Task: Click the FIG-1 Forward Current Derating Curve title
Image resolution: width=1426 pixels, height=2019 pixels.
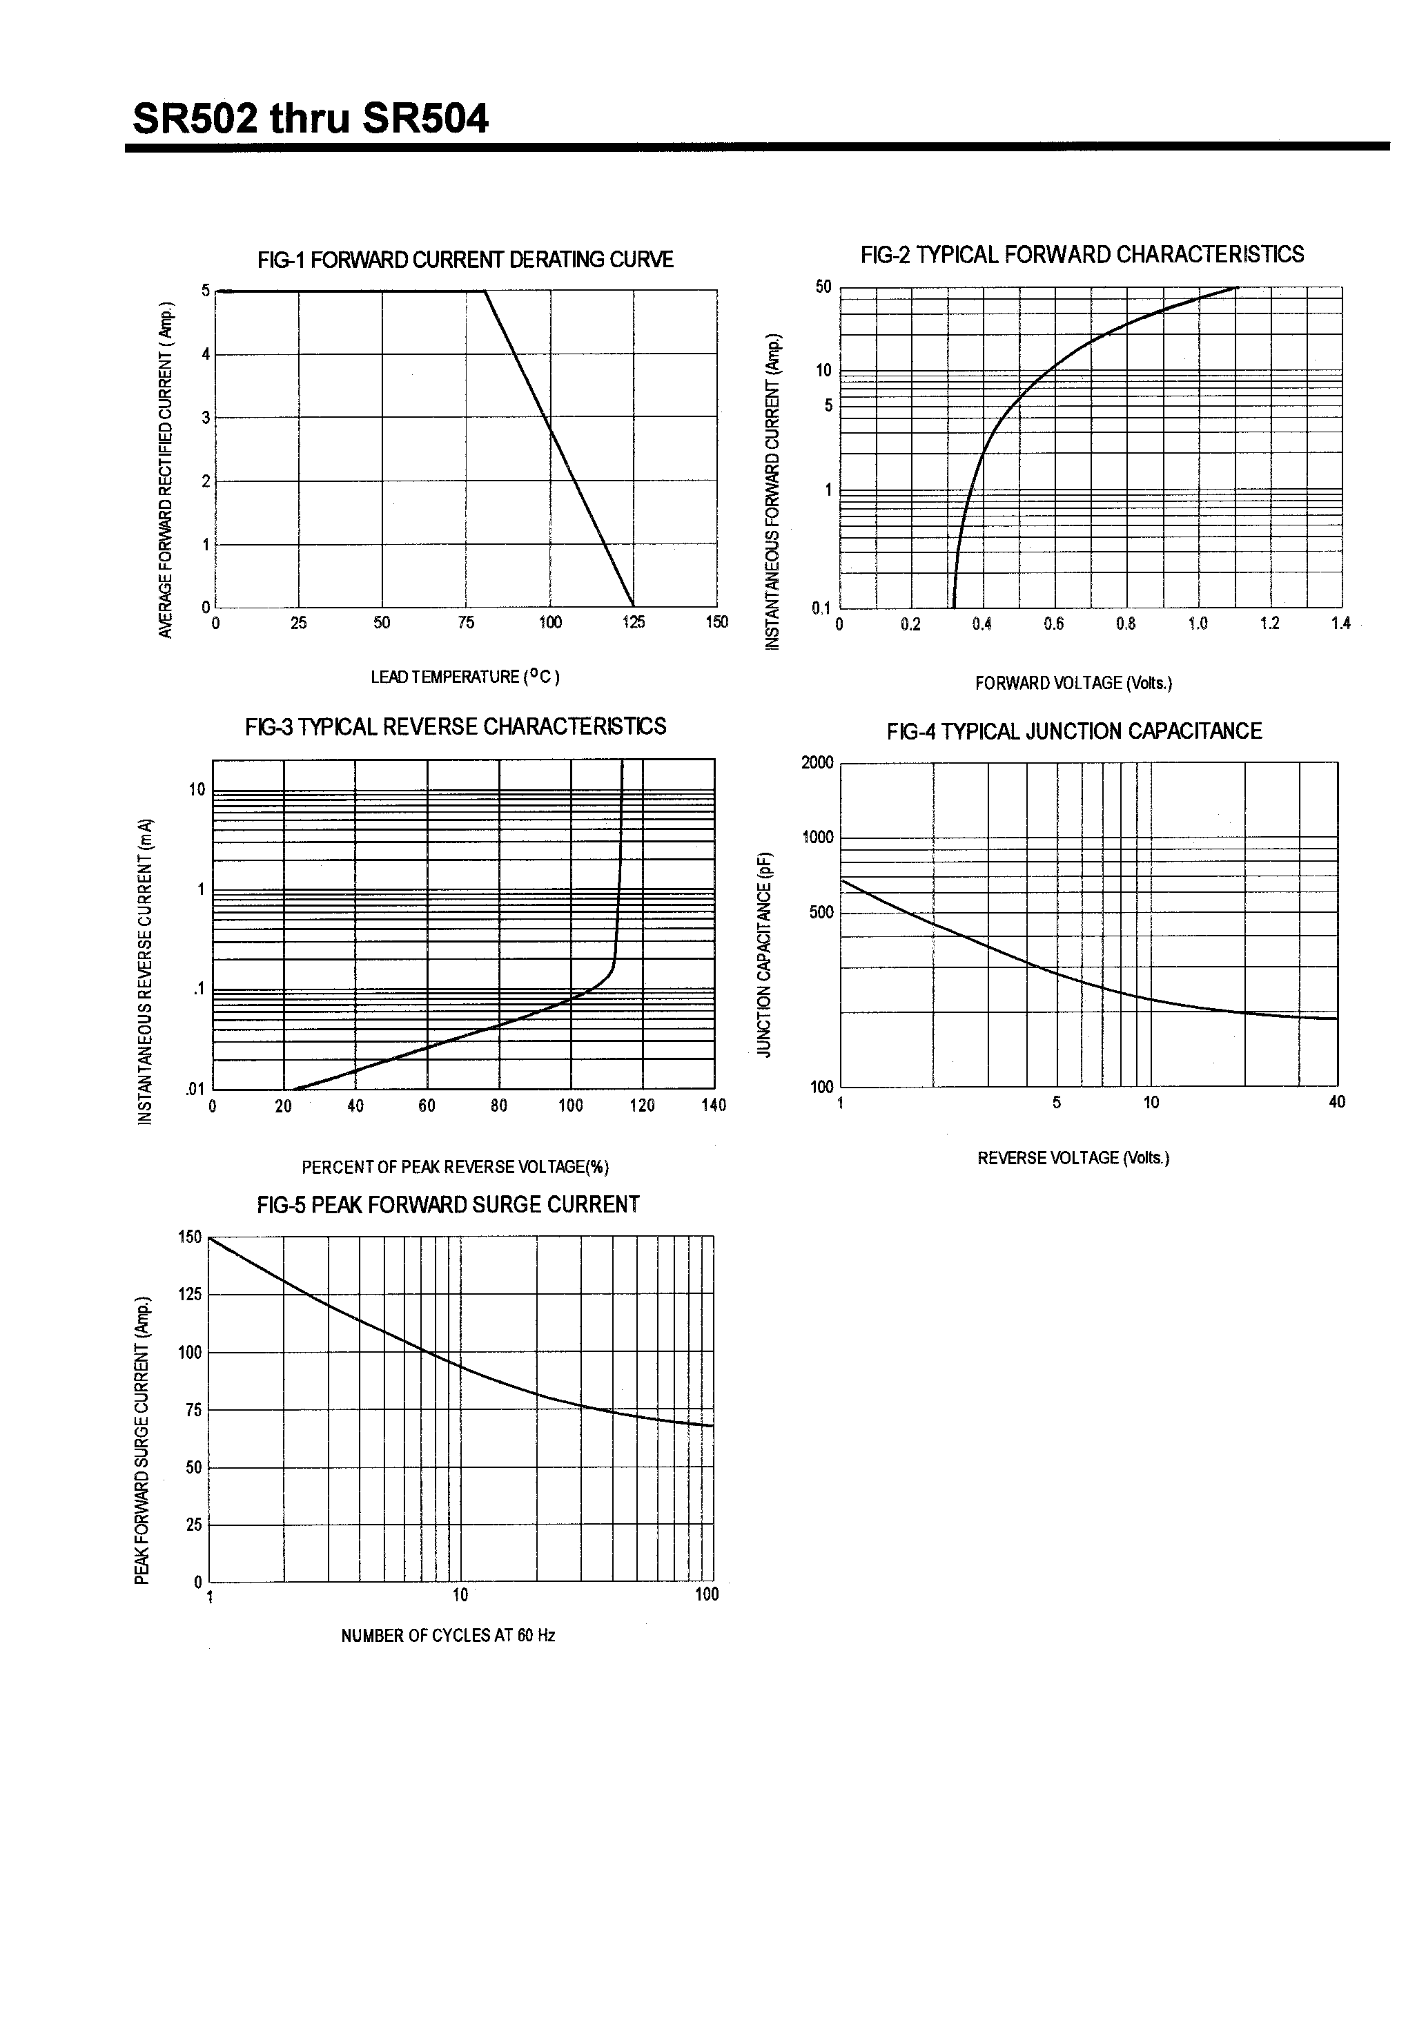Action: point(465,260)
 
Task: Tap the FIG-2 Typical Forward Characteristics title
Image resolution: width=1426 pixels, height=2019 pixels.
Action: point(1082,254)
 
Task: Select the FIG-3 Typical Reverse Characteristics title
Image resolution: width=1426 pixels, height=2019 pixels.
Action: point(456,726)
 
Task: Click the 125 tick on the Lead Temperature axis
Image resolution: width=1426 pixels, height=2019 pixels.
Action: point(633,623)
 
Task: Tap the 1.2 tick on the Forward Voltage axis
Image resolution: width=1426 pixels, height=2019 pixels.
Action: point(1269,624)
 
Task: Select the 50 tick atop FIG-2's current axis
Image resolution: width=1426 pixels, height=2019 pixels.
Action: point(823,287)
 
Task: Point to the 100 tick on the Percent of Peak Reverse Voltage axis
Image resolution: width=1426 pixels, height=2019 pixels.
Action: point(571,1105)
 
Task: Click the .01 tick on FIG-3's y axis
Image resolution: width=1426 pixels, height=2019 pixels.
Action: point(194,1090)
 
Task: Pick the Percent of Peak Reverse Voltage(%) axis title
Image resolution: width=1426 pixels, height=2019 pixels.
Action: point(455,1167)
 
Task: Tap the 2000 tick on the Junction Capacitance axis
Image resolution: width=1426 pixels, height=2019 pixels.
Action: point(817,762)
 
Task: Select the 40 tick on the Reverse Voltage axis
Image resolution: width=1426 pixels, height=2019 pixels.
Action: point(1336,1102)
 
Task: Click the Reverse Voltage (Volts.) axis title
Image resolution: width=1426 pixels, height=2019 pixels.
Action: point(1073,1157)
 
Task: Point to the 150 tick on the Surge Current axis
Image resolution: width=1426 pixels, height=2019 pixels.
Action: point(190,1237)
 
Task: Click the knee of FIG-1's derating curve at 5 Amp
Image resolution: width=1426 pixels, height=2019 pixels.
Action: point(485,291)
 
